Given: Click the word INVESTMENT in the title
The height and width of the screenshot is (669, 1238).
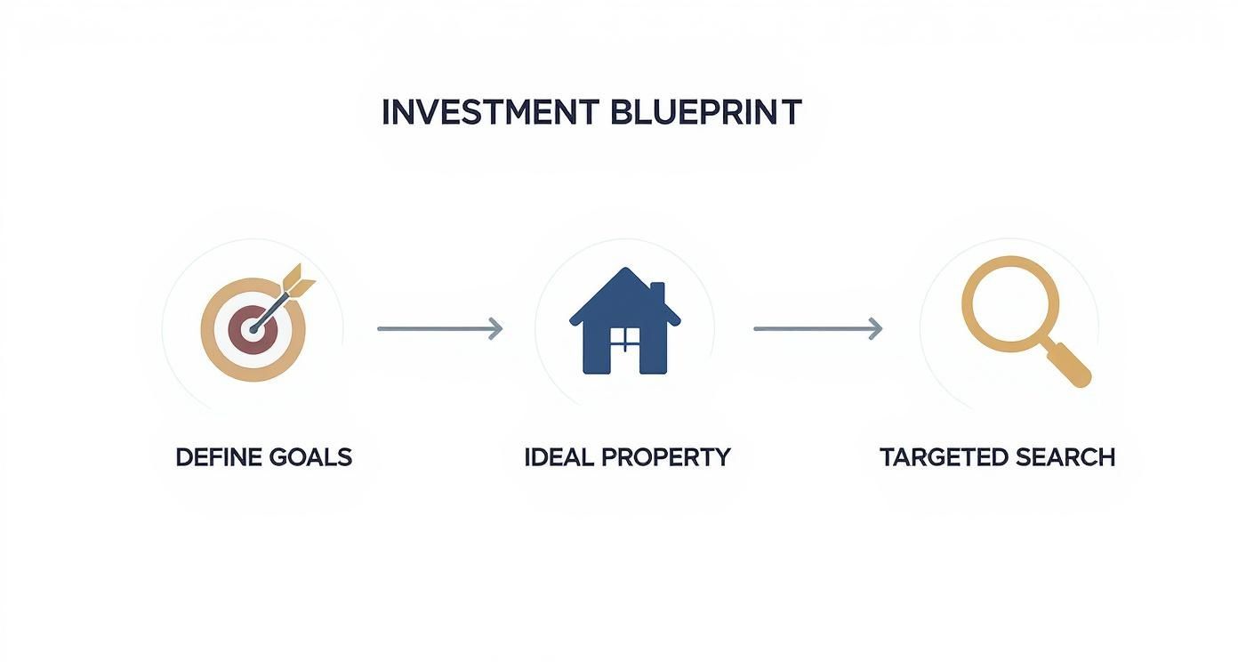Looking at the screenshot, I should (x=490, y=113).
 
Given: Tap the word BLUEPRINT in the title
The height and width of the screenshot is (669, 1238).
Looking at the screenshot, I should (x=706, y=113).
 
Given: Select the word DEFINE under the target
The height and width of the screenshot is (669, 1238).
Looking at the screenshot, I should (x=219, y=457).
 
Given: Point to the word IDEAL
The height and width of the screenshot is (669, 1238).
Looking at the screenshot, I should (x=559, y=457).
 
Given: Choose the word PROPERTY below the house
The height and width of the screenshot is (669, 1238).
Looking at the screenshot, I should (x=665, y=457).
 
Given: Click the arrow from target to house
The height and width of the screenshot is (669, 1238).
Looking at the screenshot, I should (x=439, y=329).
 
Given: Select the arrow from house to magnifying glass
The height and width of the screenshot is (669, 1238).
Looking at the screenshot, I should (x=816, y=329).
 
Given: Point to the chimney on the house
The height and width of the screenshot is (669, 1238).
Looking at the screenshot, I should (x=658, y=294).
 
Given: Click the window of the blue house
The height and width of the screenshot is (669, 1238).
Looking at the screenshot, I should (x=625, y=339).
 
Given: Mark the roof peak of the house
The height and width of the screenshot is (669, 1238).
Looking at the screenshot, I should (x=625, y=271).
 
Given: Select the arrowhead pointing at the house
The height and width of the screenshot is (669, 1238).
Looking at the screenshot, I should (x=496, y=329).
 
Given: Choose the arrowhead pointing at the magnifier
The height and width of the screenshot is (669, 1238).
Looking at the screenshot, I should (x=876, y=329).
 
